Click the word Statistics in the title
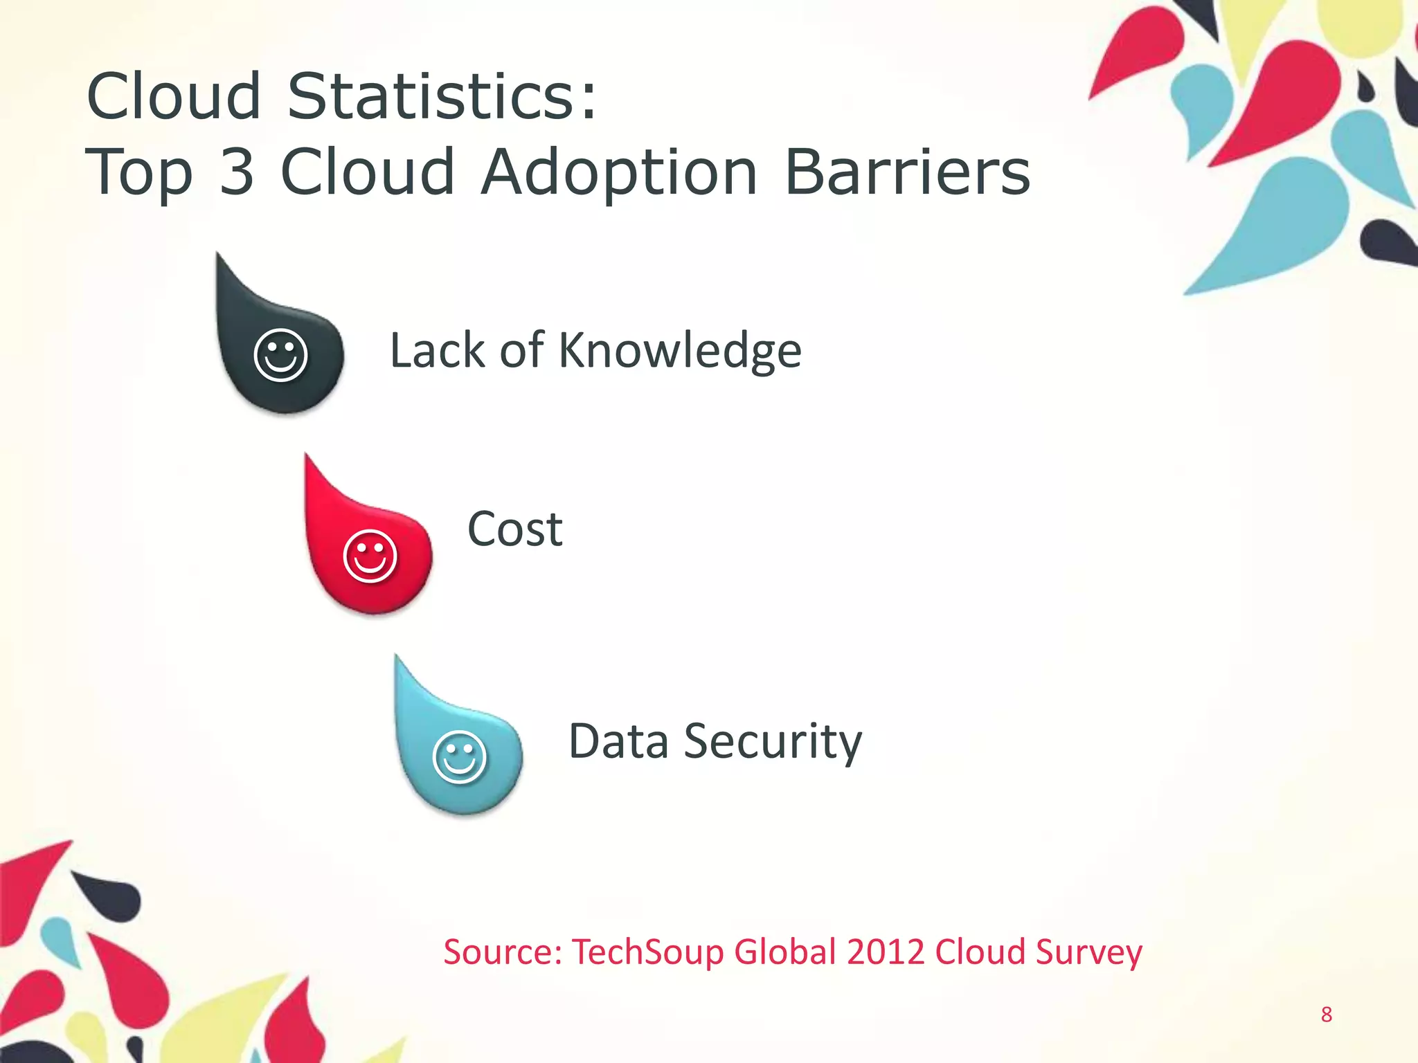(441, 96)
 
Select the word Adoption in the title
(620, 173)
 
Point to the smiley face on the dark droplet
(280, 354)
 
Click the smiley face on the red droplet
(370, 556)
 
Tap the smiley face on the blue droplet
(459, 756)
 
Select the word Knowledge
(680, 352)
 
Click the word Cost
(515, 529)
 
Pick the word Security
(773, 742)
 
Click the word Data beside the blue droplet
(618, 741)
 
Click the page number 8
(1326, 1015)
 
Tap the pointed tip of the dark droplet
(219, 256)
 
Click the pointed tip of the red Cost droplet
(307, 457)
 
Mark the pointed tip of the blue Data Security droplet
(397, 657)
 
